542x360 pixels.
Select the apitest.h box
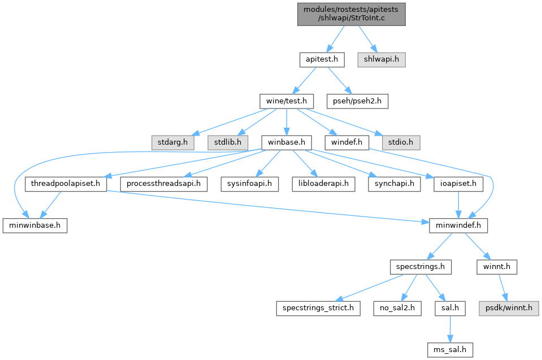click(x=321, y=58)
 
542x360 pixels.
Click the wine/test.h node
click(x=287, y=101)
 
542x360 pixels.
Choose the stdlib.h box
click(x=227, y=141)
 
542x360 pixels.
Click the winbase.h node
click(x=286, y=141)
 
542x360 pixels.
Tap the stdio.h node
click(x=401, y=141)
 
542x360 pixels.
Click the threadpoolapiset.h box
click(x=66, y=184)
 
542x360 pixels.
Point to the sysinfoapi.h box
click(x=249, y=184)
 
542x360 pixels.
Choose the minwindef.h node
click(x=457, y=226)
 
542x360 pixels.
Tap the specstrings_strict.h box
click(x=318, y=308)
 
